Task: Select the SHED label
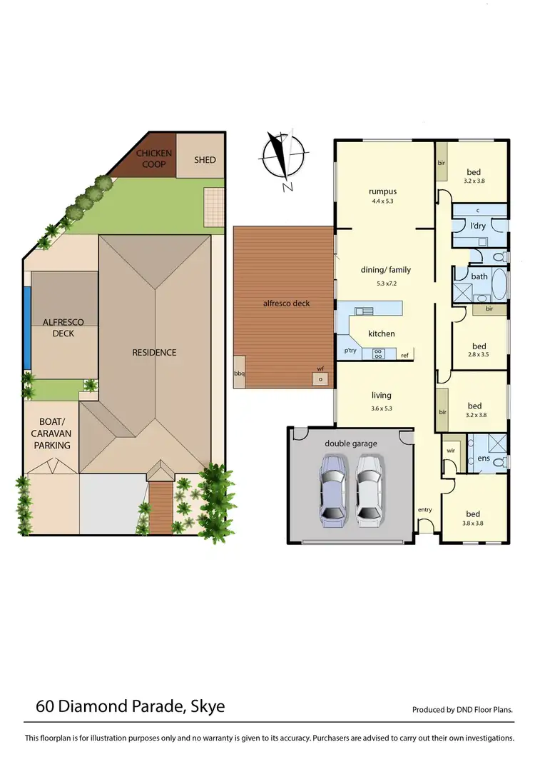coord(205,160)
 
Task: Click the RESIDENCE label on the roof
coord(153,352)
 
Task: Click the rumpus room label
coord(382,191)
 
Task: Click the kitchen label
coord(381,334)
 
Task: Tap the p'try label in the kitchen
coord(350,351)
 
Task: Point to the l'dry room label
coord(477,226)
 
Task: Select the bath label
coord(479,276)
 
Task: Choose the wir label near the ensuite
coord(450,451)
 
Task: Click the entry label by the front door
coord(425,509)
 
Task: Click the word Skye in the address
coord(208,707)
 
